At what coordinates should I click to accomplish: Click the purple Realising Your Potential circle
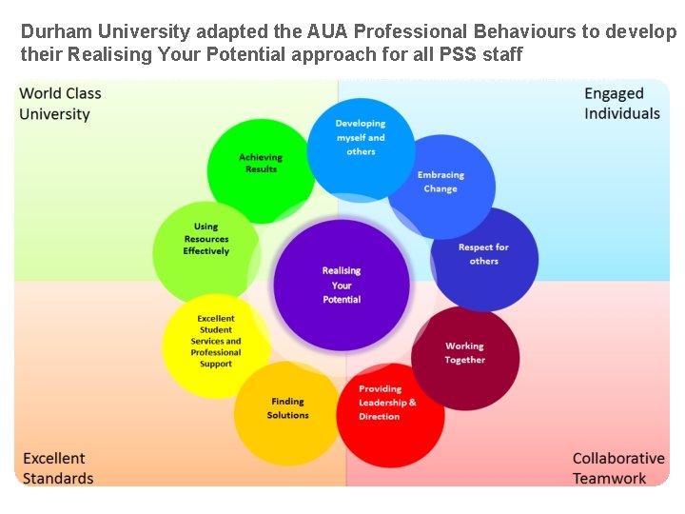pos(342,285)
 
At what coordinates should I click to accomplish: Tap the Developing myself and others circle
pos(361,139)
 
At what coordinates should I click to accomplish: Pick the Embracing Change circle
pos(440,184)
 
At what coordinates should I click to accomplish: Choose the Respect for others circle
pos(483,255)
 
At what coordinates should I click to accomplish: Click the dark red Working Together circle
pos(464,354)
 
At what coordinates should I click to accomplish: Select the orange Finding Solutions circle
pos(287,409)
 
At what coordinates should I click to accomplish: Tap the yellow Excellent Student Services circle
pos(216,342)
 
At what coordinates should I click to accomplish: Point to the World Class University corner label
pos(60,104)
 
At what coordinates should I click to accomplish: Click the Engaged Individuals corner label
pos(621,104)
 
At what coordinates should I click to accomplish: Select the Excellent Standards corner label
pos(58,468)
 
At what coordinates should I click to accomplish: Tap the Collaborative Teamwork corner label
pos(617,468)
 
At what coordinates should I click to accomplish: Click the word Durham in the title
pos(54,31)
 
